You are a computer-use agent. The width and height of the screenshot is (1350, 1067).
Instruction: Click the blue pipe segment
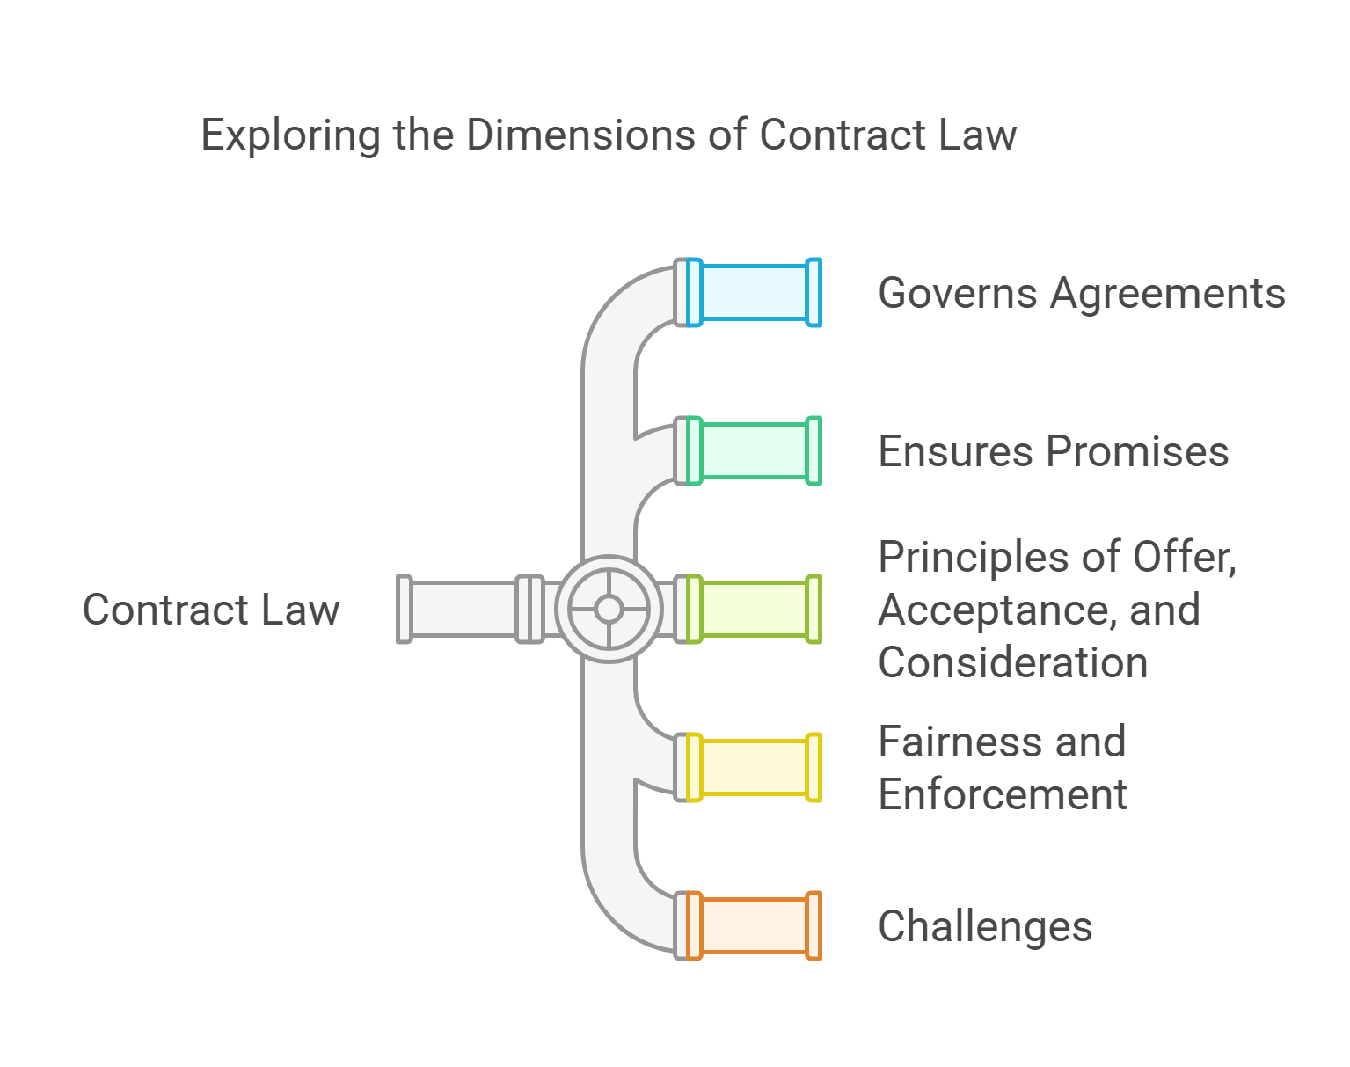pyautogui.click(x=754, y=293)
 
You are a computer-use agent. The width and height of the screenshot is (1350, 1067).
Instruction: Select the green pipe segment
pyautogui.click(x=754, y=451)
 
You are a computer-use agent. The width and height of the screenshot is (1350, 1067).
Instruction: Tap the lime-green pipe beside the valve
pyautogui.click(x=754, y=610)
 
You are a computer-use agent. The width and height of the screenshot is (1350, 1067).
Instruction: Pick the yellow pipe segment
pyautogui.click(x=754, y=768)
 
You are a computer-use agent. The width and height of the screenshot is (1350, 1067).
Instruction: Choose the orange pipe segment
pyautogui.click(x=754, y=926)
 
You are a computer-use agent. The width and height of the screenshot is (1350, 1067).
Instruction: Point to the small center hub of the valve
pyautogui.click(x=609, y=609)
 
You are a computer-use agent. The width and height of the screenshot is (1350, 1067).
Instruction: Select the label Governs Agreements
pyautogui.click(x=1081, y=294)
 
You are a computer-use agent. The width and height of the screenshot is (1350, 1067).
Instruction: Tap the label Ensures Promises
pyautogui.click(x=1053, y=452)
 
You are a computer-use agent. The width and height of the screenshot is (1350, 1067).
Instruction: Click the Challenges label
pyautogui.click(x=985, y=927)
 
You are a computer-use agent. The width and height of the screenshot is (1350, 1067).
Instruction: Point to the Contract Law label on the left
pyautogui.click(x=211, y=610)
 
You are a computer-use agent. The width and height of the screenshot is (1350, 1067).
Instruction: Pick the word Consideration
pyautogui.click(x=1012, y=662)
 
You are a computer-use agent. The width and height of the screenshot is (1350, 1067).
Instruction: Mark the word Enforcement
pyautogui.click(x=1002, y=794)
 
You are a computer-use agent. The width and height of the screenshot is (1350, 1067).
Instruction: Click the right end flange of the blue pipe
pyautogui.click(x=814, y=293)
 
